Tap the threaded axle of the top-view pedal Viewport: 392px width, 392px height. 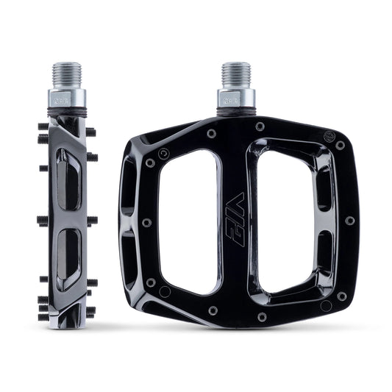click(x=235, y=75)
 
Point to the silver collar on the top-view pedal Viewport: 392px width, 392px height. click(x=235, y=98)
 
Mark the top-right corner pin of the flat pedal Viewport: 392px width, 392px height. click(x=340, y=146)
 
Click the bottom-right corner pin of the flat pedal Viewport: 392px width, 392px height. click(x=341, y=296)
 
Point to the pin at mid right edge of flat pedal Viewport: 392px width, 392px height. click(x=349, y=220)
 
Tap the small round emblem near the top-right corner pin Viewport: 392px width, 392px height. click(x=329, y=136)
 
